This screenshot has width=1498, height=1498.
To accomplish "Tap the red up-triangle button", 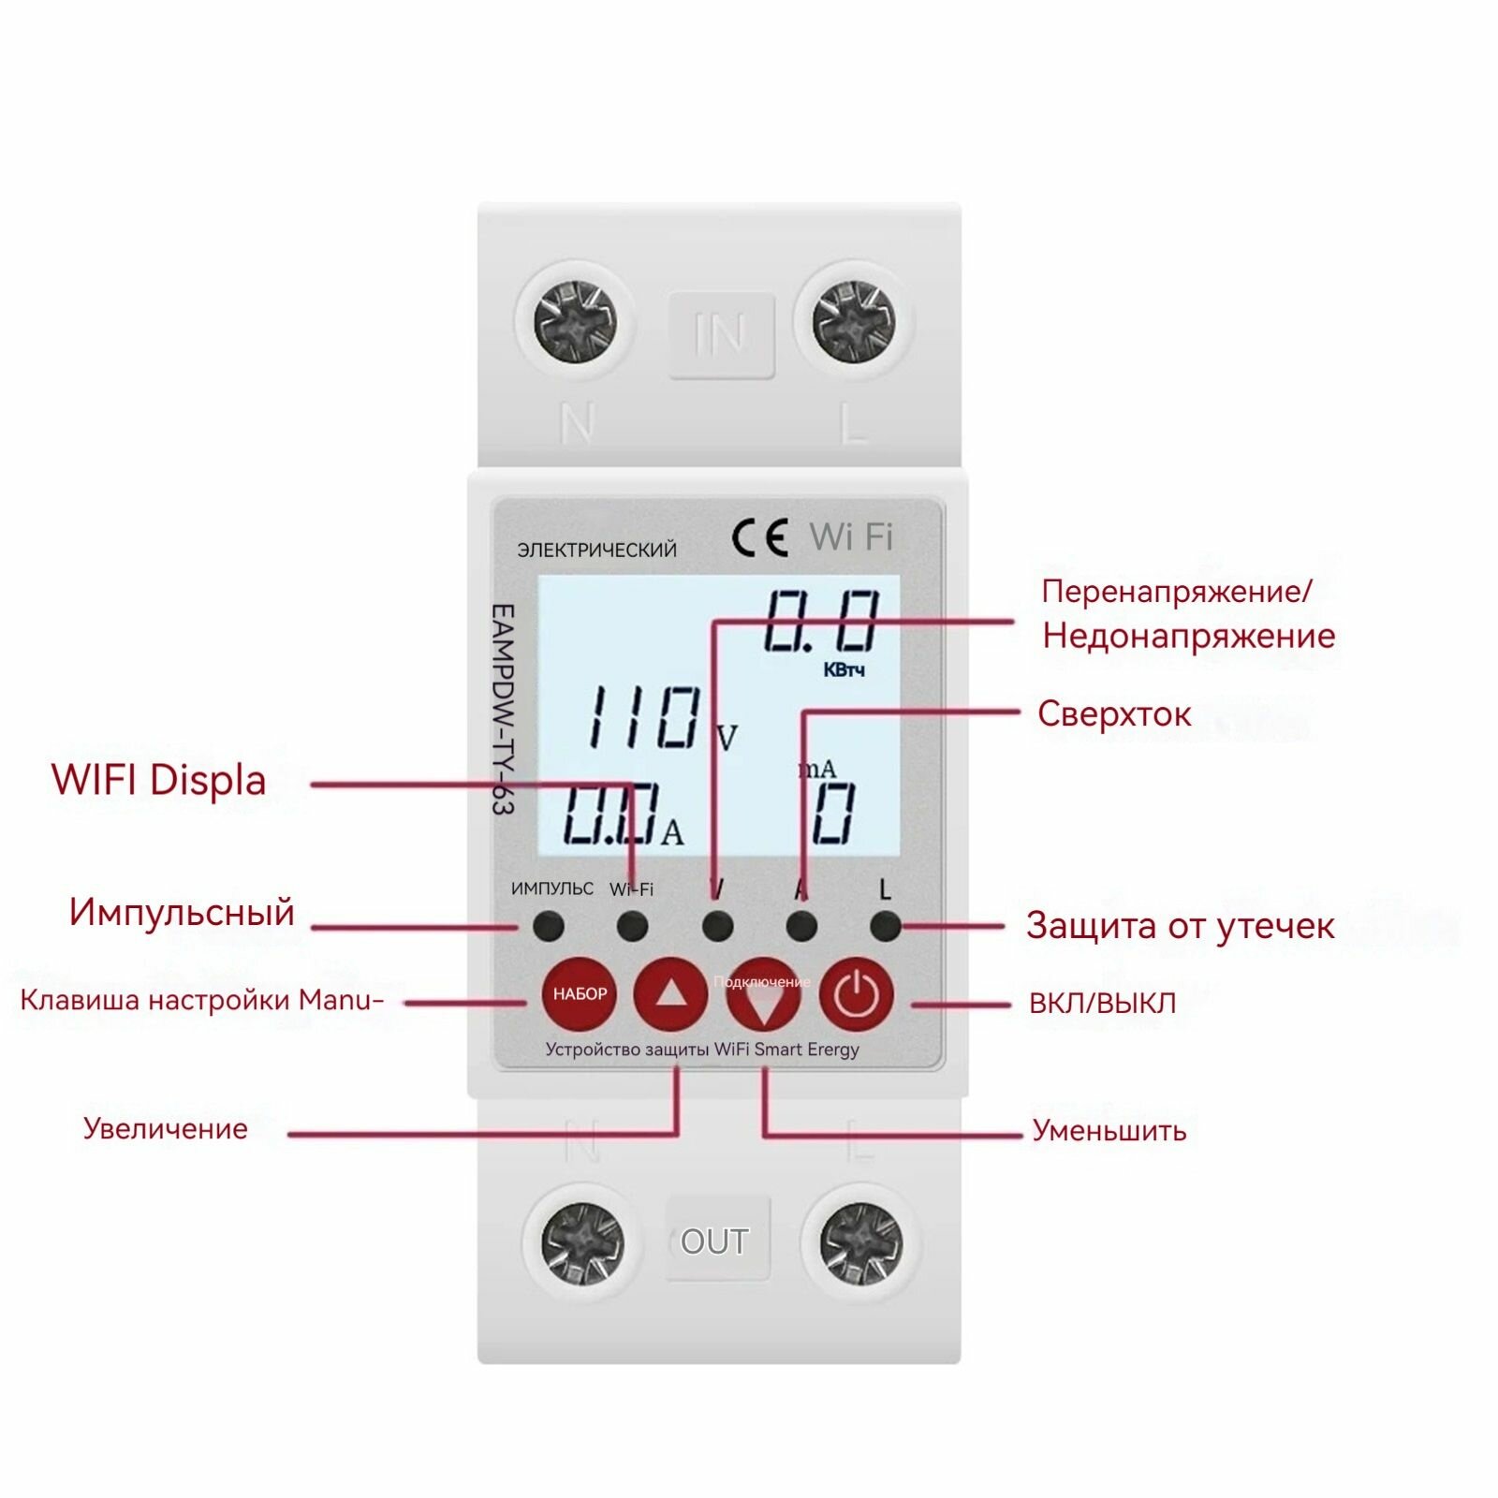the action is tap(670, 994).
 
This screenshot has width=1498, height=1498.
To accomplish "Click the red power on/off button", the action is tap(855, 994).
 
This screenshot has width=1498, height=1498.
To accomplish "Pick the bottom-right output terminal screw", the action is tap(860, 1242).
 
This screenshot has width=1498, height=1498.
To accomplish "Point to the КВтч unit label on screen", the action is tap(844, 670).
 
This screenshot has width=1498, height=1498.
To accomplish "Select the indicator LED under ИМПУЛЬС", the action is tap(548, 927).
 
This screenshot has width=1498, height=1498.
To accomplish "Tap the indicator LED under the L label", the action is tap(885, 927).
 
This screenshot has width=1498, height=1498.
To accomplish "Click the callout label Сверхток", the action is tap(1113, 714).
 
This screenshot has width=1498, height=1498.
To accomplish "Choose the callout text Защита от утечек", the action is tap(1180, 926).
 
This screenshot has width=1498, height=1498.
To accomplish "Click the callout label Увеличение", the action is tap(166, 1128).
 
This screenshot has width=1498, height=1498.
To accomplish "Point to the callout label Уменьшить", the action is tap(1109, 1131).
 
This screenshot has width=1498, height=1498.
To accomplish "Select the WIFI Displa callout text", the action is tap(159, 781).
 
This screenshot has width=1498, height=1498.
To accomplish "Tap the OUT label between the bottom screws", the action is tap(714, 1241).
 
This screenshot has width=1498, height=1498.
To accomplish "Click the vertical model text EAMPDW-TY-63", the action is tap(503, 709).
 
